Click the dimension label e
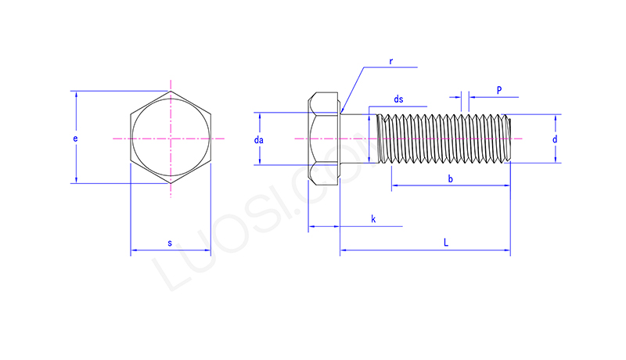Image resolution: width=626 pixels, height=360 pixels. coord(75,139)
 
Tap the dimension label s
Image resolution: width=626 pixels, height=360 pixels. coord(170,243)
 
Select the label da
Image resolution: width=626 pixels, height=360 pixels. coord(259,139)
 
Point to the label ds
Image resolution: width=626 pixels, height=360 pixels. coord(398,99)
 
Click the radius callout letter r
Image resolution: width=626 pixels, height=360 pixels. coord(390,61)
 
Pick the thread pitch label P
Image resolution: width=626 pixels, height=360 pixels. coord(499,90)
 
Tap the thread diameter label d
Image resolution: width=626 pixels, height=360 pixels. coord(555,139)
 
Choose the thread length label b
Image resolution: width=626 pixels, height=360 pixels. coord(451,178)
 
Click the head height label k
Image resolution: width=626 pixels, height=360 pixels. coord(373,218)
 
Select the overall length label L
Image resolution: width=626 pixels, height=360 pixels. coord(446,243)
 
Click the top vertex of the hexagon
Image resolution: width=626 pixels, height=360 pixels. coord(171,92)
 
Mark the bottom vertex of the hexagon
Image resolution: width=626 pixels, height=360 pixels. coord(171,184)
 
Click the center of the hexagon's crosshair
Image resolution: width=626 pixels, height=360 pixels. coord(171,139)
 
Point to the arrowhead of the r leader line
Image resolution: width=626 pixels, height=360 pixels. coord(342,112)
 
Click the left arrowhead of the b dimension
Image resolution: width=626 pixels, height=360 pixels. coord(394,185)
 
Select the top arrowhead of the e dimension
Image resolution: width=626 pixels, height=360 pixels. coord(76,94)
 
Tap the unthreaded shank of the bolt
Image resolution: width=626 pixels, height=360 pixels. coord(358,139)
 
